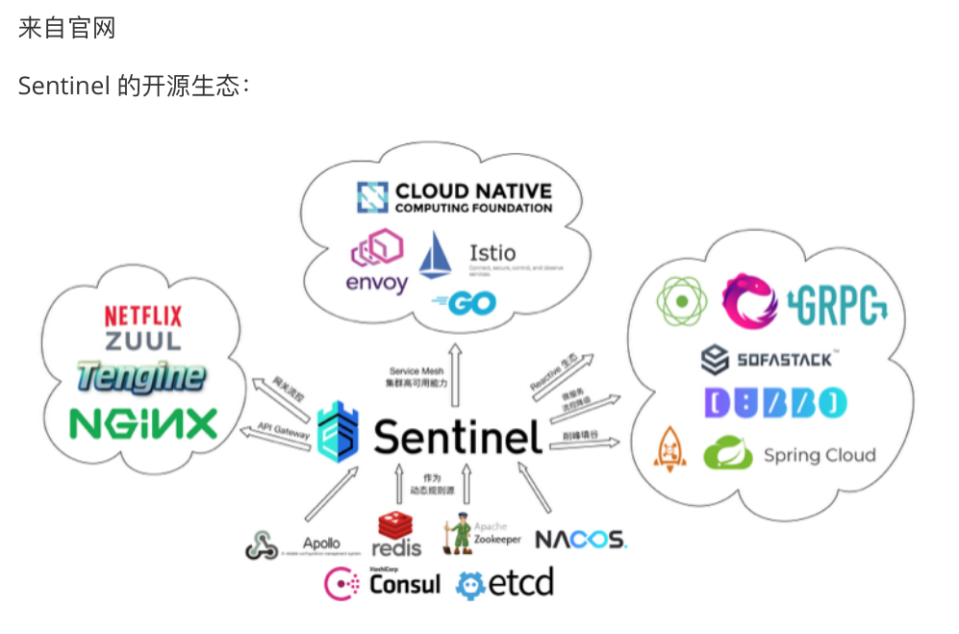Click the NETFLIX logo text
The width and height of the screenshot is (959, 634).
(143, 315)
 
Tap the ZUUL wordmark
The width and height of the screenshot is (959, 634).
(143, 341)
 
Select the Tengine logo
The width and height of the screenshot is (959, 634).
(141, 377)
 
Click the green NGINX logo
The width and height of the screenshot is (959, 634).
(143, 423)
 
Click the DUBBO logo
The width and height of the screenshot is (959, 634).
(774, 403)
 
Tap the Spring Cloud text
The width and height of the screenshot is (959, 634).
(820, 455)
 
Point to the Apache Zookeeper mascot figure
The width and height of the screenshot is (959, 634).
(457, 537)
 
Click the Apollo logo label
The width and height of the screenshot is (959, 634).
(321, 544)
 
